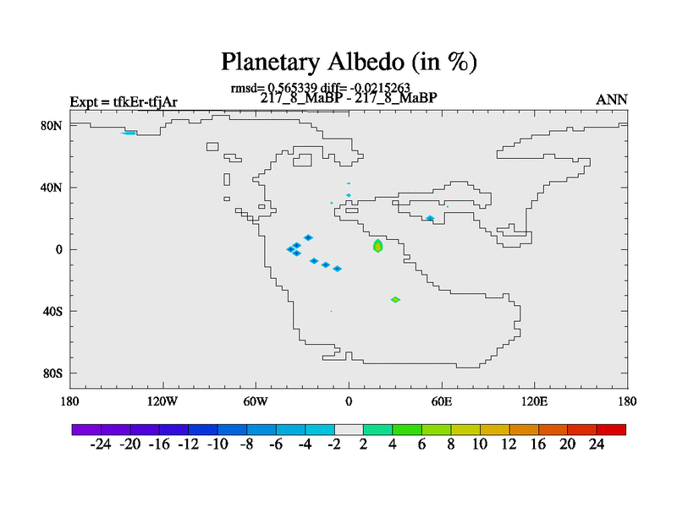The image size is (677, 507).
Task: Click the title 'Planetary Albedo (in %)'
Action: pos(349,62)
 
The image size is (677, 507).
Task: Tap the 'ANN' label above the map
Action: pos(611,100)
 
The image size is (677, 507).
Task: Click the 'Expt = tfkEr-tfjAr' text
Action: pos(124,102)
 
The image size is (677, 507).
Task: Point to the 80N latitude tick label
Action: pos(52,126)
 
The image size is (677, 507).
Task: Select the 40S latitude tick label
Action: pos(52,311)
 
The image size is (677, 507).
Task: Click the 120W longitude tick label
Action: pos(162,402)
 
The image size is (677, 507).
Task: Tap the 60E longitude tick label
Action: pos(442,402)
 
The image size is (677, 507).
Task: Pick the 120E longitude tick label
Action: pos(535,402)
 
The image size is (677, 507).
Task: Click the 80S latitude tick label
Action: pos(52,373)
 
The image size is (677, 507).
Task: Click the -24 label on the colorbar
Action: pos(101,444)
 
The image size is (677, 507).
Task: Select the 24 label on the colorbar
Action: pos(597,444)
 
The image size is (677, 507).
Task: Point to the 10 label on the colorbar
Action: pos(480,444)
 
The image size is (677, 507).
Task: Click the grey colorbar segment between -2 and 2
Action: pos(349,429)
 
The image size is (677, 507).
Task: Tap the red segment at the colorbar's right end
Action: pos(611,429)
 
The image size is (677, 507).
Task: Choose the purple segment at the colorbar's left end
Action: pos(86,429)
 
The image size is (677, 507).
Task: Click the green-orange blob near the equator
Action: pos(377,246)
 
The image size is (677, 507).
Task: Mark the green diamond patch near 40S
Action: pos(395,300)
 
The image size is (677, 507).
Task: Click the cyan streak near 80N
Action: pos(129,134)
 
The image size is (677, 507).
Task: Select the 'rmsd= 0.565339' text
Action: pos(273,89)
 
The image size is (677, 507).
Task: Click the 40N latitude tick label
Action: pos(52,188)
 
